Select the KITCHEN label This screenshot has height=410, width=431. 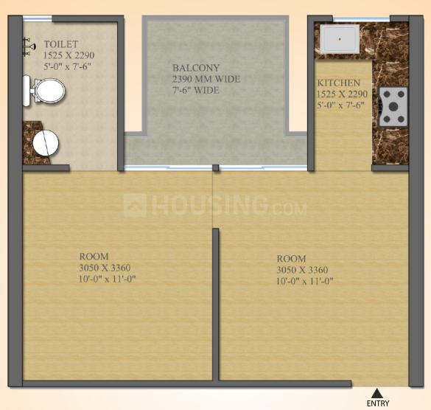tap(339, 83)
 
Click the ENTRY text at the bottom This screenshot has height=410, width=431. tap(377, 403)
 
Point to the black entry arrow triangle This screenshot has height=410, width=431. tap(377, 392)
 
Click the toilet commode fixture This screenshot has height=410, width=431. tap(45, 92)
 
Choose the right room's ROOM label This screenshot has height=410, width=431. tap(291, 259)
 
